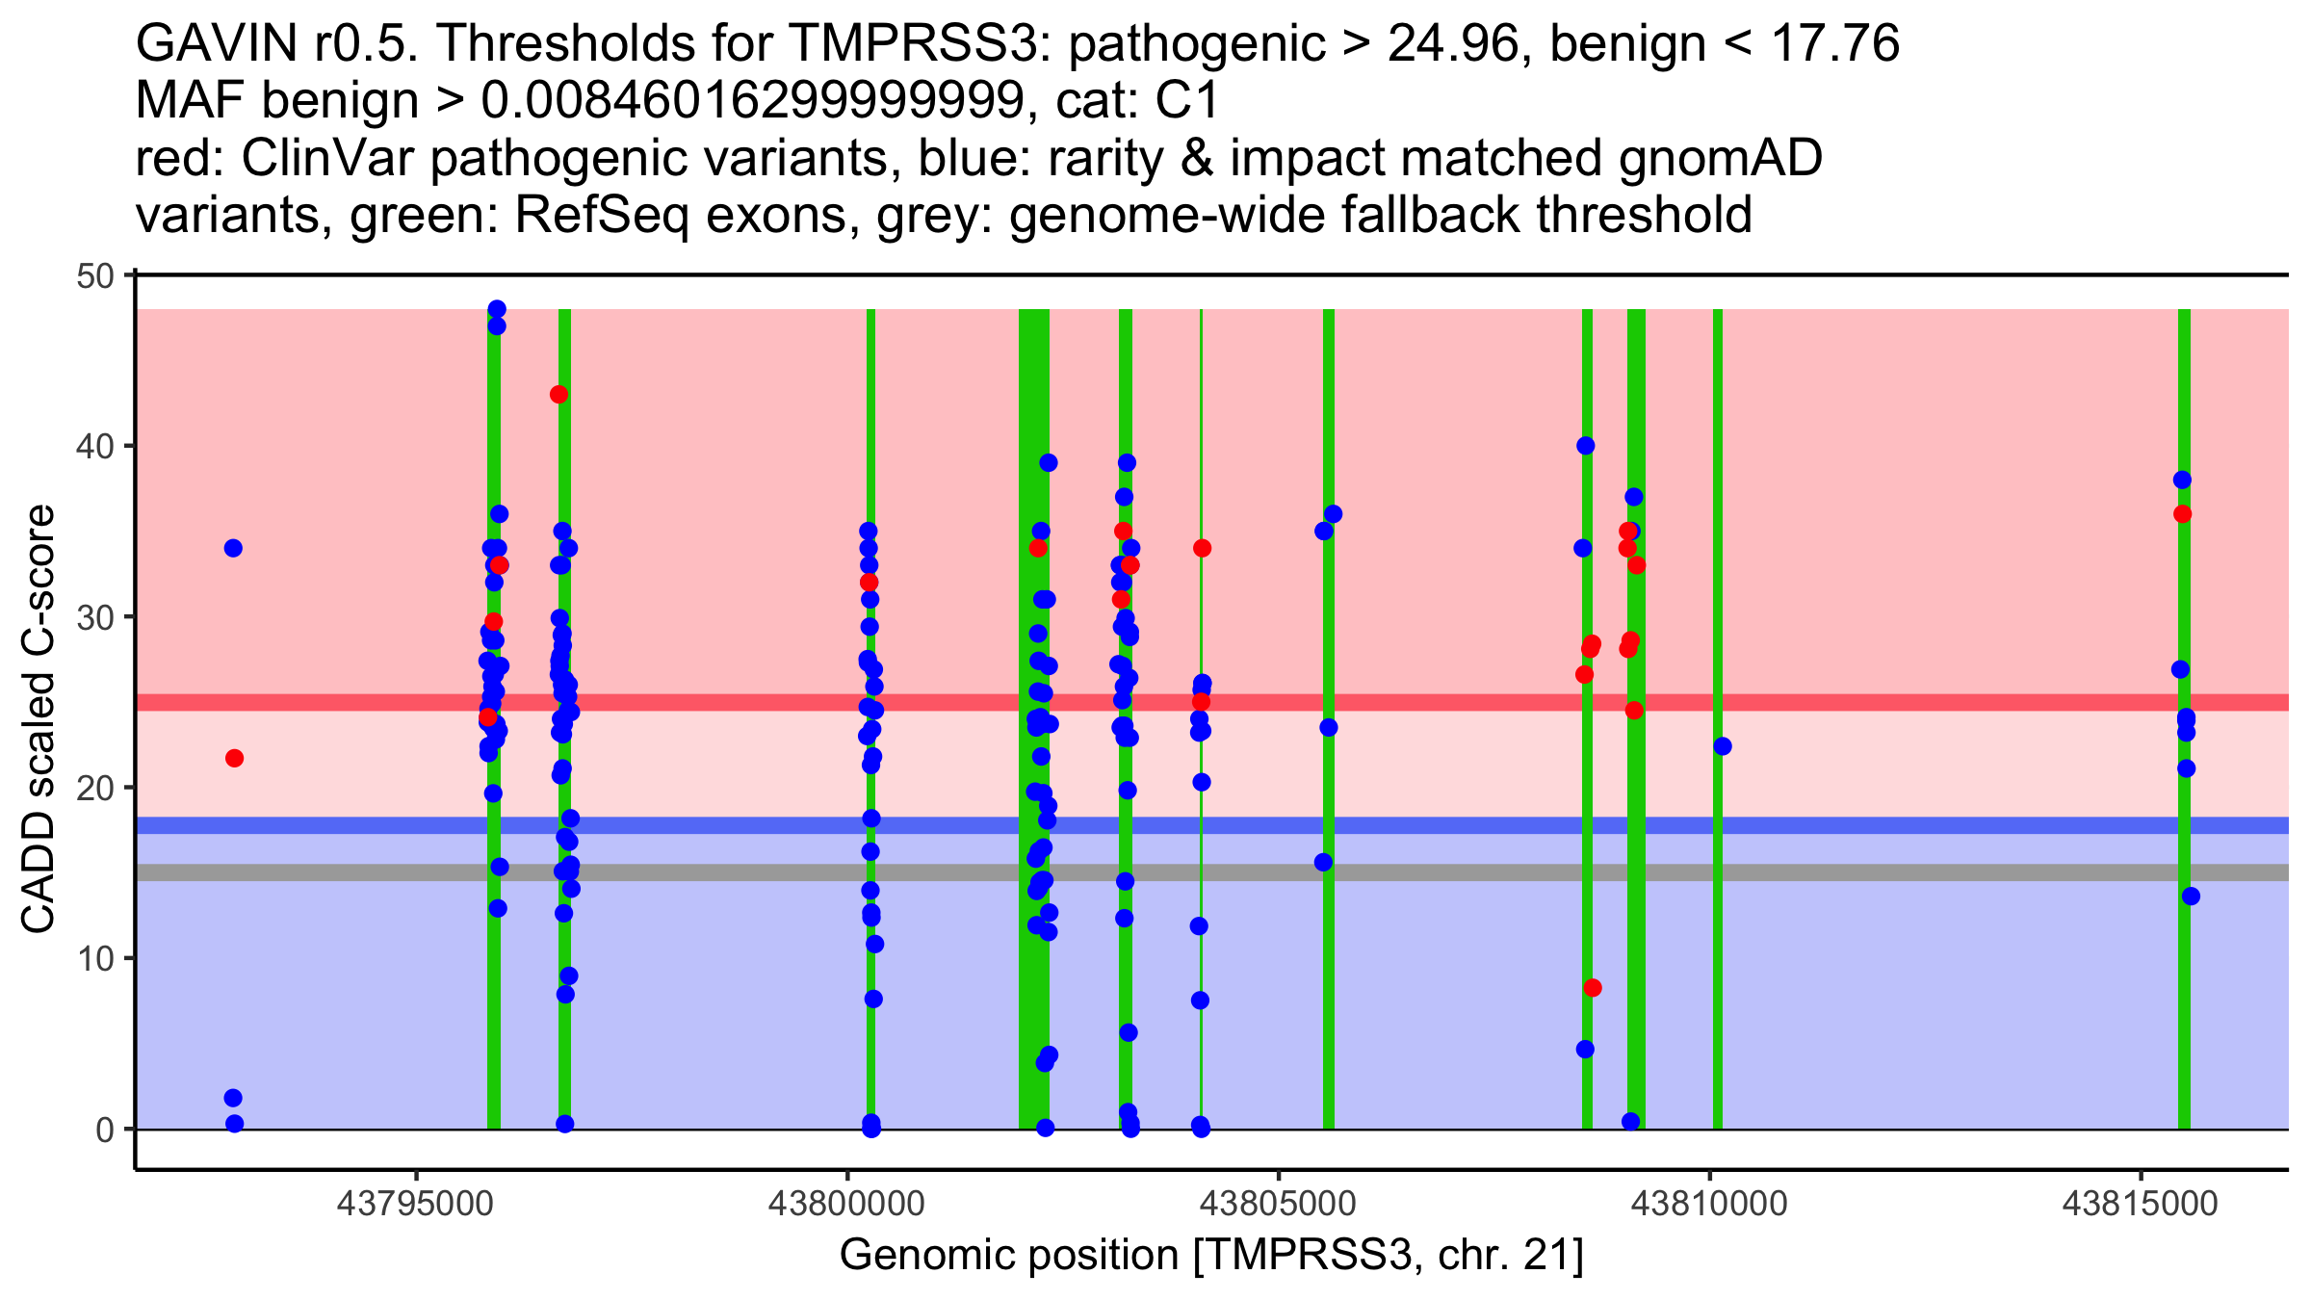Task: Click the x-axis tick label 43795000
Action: pyautogui.click(x=416, y=1204)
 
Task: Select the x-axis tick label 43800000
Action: pyautogui.click(x=847, y=1204)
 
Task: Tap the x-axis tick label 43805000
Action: pyautogui.click(x=1279, y=1204)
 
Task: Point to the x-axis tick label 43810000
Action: pyautogui.click(x=1710, y=1204)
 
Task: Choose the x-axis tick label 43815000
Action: pyautogui.click(x=2141, y=1204)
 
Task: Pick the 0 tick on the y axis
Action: pyautogui.click(x=104, y=1130)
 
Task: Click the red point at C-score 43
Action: pyautogui.click(x=558, y=394)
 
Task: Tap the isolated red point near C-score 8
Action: pyautogui.click(x=1593, y=988)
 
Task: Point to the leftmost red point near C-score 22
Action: pyautogui.click(x=234, y=759)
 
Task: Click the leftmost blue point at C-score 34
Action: pyautogui.click(x=233, y=548)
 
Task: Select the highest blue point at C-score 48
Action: pyautogui.click(x=497, y=309)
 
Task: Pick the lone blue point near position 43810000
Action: pyautogui.click(x=1723, y=746)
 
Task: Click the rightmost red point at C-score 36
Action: pyautogui.click(x=2182, y=514)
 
